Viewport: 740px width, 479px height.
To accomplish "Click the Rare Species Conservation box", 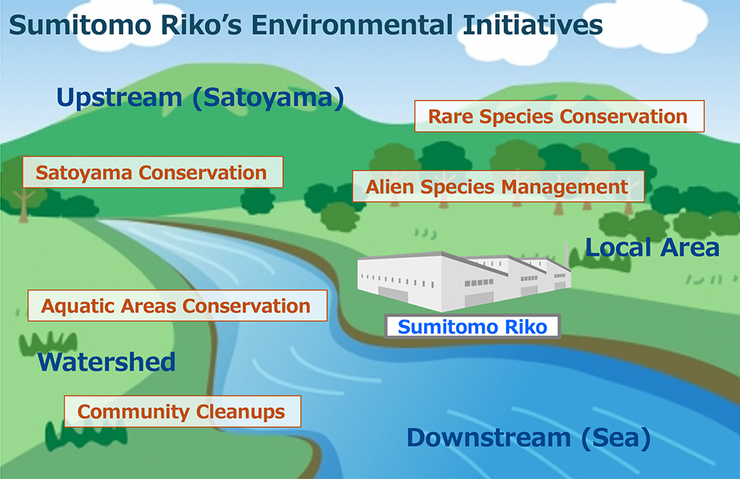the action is pos(560,116).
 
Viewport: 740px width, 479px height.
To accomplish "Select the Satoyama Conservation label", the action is pos(153,172).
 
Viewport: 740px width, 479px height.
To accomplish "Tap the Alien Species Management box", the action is pos(498,187).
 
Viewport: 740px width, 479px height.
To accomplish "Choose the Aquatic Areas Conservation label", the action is pos(177,306).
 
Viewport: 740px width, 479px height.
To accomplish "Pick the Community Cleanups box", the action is pos(183,412).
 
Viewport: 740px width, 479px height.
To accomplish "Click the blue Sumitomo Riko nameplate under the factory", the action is pos(473,326).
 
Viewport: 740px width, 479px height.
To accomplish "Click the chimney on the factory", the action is pos(566,255).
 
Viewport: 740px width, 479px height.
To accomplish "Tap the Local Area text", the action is pos(652,247).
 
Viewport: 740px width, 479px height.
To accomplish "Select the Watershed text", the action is pos(106,362).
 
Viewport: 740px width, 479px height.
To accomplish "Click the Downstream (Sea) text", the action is pos(529,437).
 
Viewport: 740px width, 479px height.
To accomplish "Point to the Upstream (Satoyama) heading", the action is pos(200,97).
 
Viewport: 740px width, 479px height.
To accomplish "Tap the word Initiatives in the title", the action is pos(533,25).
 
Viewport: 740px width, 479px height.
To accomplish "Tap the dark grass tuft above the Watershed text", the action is pos(48,343).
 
